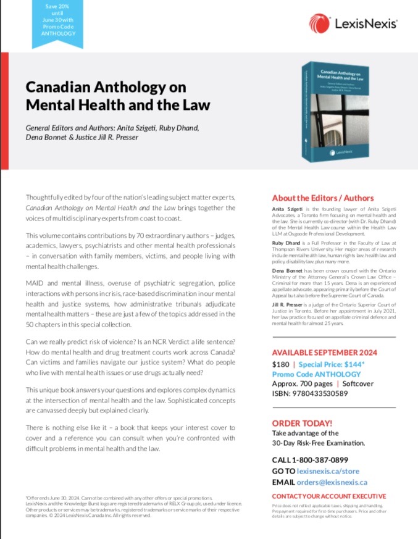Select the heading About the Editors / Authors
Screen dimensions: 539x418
click(323, 198)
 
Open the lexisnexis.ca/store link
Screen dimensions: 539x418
click(332, 471)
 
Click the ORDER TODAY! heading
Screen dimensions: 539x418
click(302, 424)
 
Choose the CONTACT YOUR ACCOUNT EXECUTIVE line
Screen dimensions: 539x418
click(329, 496)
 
